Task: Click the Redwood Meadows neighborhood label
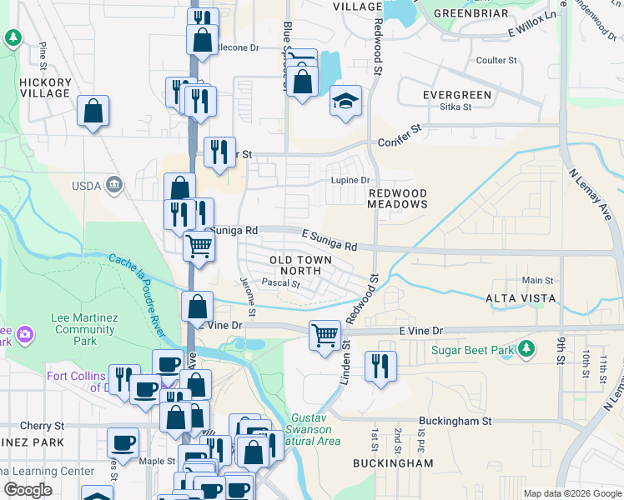398,198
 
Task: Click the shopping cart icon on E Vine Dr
325,335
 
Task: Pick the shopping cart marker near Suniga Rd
199,246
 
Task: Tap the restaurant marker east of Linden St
380,365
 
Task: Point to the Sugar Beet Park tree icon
526,347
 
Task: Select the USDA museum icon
115,184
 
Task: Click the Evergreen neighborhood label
451,95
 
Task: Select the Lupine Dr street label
351,180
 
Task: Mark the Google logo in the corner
28,489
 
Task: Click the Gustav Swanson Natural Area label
316,428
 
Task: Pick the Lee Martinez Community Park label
84,329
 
